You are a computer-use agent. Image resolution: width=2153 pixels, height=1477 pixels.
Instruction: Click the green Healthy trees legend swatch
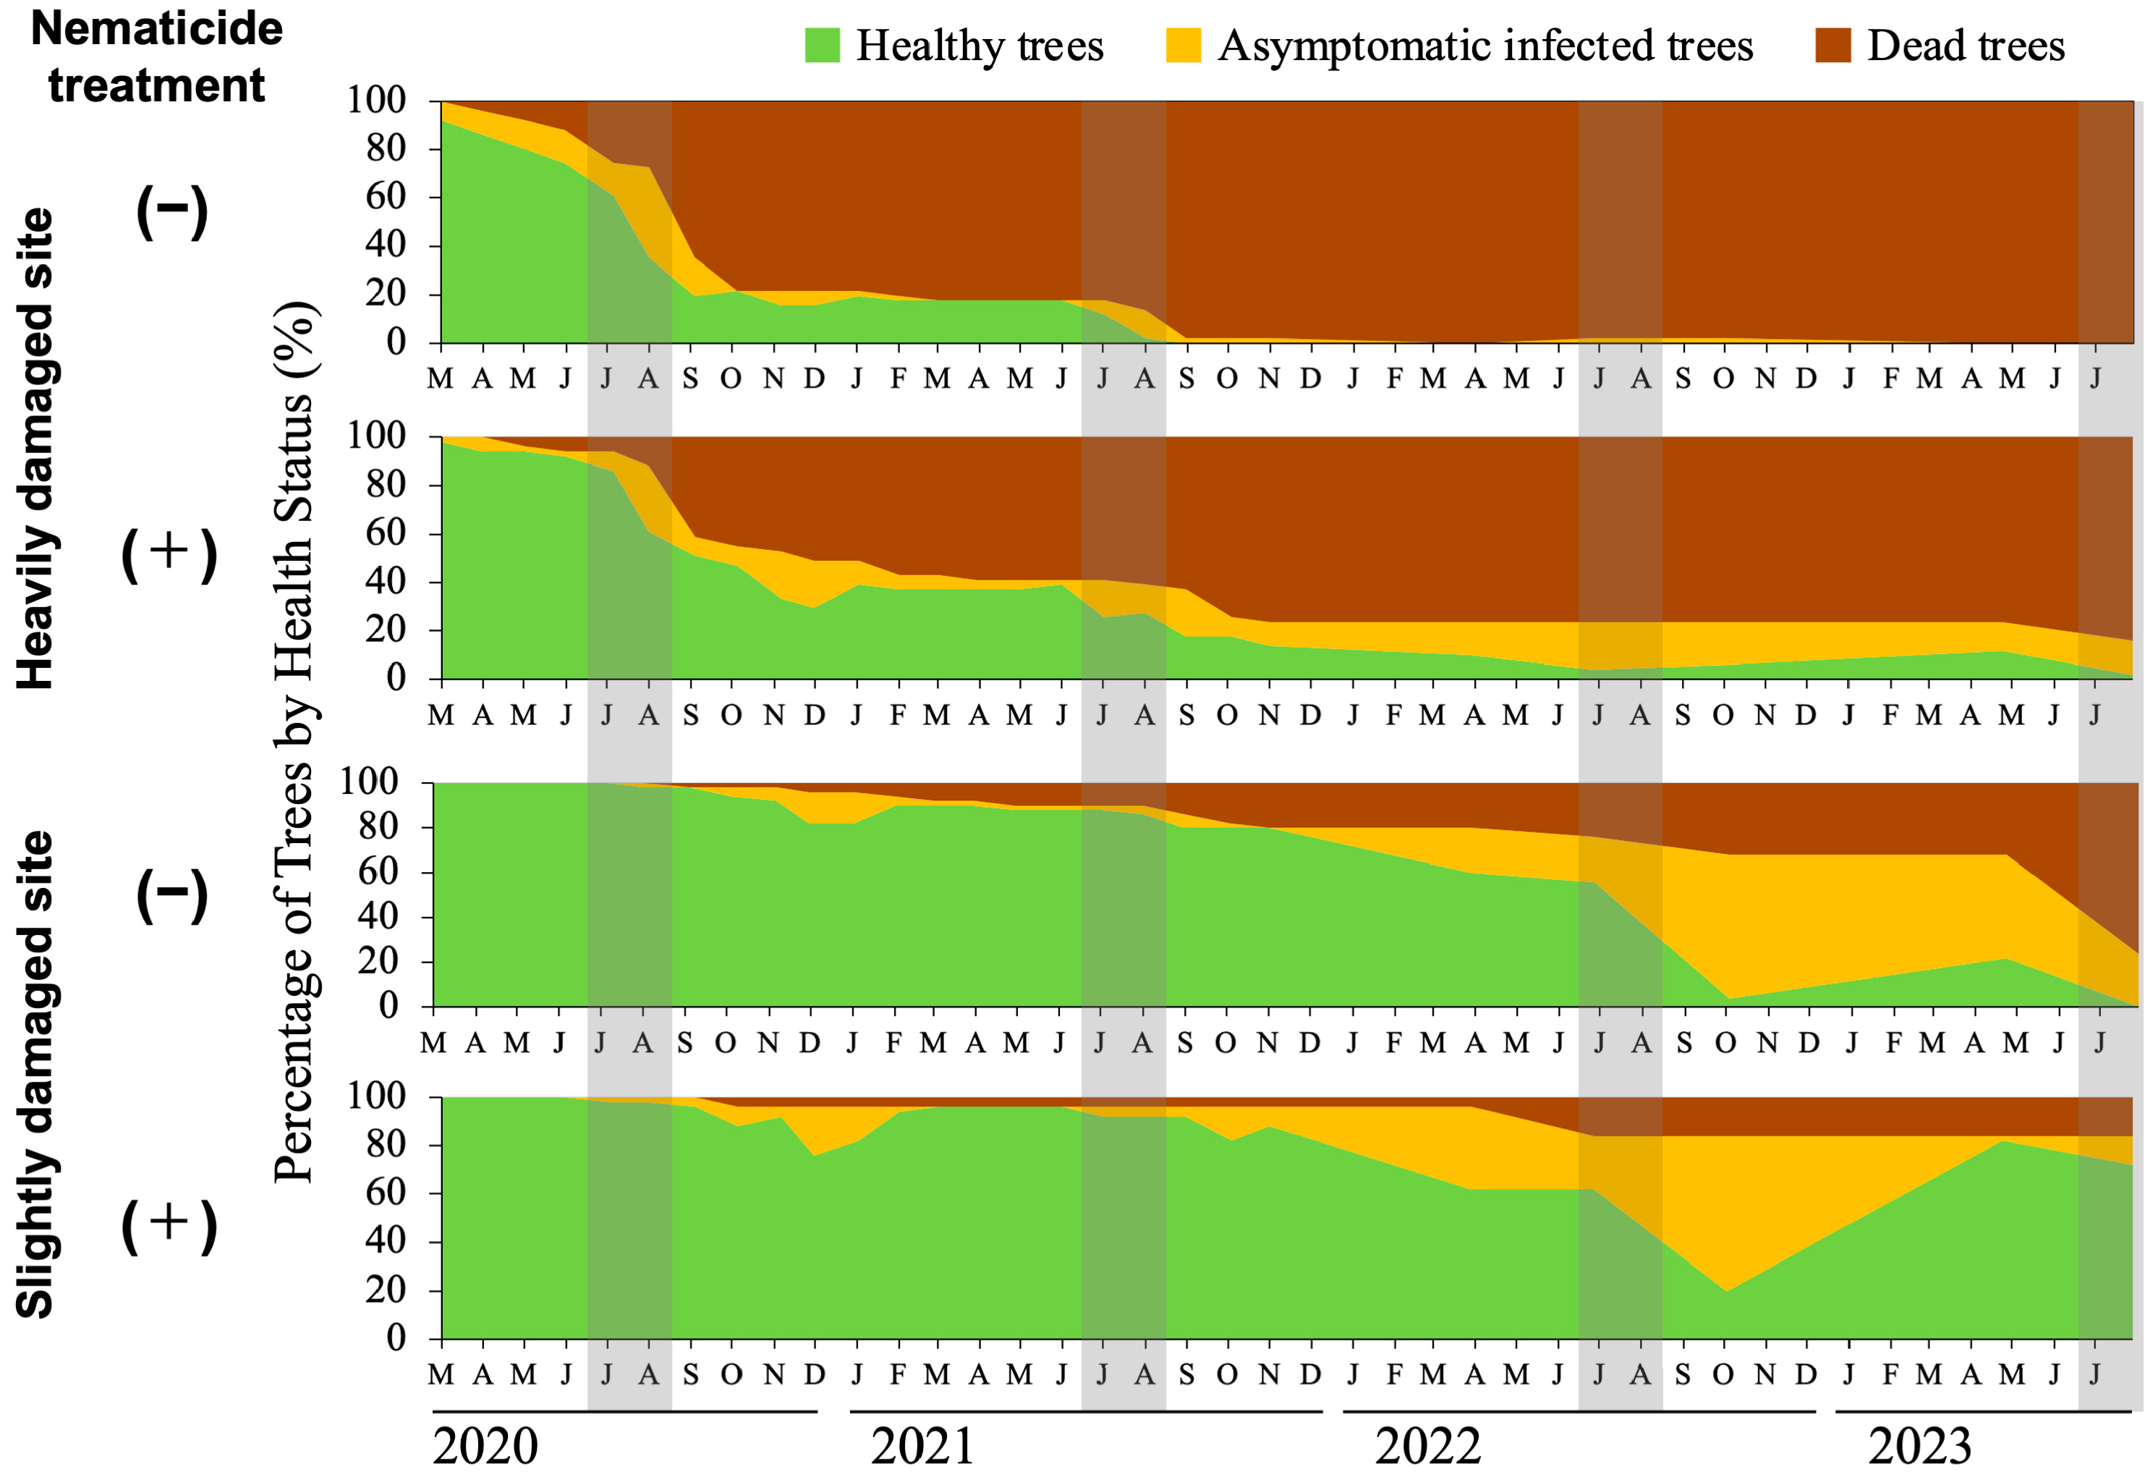[822, 46]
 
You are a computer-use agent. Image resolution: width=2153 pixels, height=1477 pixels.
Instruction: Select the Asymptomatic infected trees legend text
[1485, 46]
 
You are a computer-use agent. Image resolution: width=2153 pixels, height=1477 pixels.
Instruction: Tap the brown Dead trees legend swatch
[1833, 46]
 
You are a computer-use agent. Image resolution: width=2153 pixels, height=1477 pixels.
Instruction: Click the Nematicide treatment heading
[156, 56]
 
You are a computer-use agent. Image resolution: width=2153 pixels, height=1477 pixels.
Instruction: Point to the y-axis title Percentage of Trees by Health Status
[295, 741]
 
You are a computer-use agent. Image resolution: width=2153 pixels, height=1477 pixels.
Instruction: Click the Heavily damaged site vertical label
[36, 449]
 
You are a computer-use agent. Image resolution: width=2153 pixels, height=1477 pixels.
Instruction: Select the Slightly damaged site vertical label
[36, 1074]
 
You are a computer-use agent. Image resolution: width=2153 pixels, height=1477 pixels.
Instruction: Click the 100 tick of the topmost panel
[376, 100]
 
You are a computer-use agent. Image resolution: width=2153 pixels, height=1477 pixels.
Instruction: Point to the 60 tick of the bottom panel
[386, 1193]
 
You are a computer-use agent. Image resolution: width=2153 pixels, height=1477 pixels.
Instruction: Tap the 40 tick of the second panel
[386, 582]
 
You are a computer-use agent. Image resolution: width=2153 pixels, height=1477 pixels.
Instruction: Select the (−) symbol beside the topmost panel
[172, 211]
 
